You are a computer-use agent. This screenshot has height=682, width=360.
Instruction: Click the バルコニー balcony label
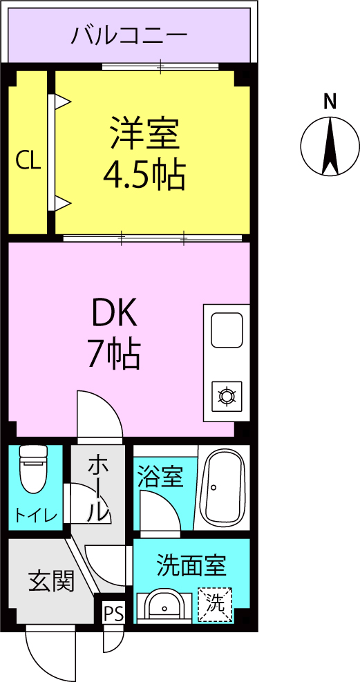click(129, 35)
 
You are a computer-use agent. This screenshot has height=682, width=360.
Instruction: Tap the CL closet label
click(28, 161)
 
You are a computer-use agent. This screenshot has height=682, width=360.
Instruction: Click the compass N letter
click(330, 102)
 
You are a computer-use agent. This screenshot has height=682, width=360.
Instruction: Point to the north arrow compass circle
click(330, 146)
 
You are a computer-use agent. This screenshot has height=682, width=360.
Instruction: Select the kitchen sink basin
click(226, 330)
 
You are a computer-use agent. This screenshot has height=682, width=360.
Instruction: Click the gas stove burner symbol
click(226, 396)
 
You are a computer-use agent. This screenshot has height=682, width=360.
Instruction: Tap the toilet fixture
click(32, 468)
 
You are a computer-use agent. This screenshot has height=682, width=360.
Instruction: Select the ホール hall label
click(97, 488)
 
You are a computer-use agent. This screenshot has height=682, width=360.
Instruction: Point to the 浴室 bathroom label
click(160, 477)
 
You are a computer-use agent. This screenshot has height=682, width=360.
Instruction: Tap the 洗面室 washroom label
click(191, 566)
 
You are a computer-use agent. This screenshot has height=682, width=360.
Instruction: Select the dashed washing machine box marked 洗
click(215, 605)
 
